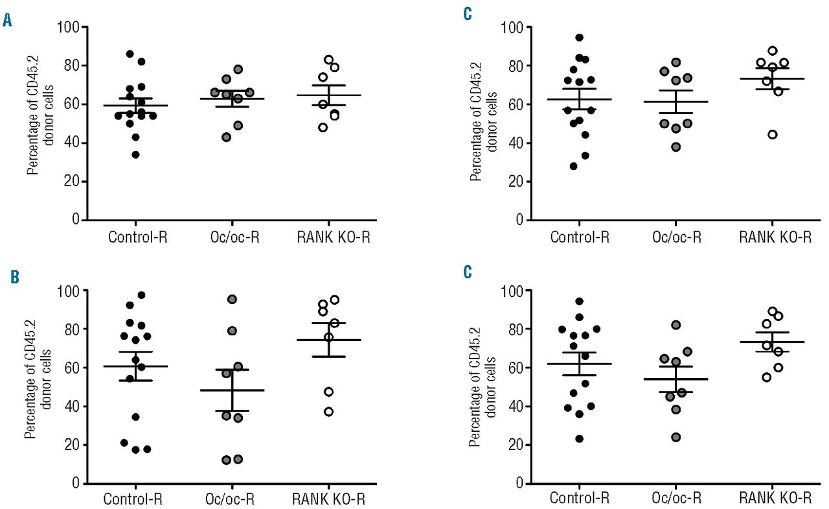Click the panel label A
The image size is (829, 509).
[x=8, y=21]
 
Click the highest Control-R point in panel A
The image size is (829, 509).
[x=130, y=54]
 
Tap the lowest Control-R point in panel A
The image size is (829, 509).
[x=134, y=154]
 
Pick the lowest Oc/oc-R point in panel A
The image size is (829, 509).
[x=225, y=137]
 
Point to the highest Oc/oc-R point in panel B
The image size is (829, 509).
[x=232, y=299]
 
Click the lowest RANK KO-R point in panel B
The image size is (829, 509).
[x=328, y=412]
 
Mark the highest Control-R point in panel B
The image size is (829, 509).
[x=141, y=295]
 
